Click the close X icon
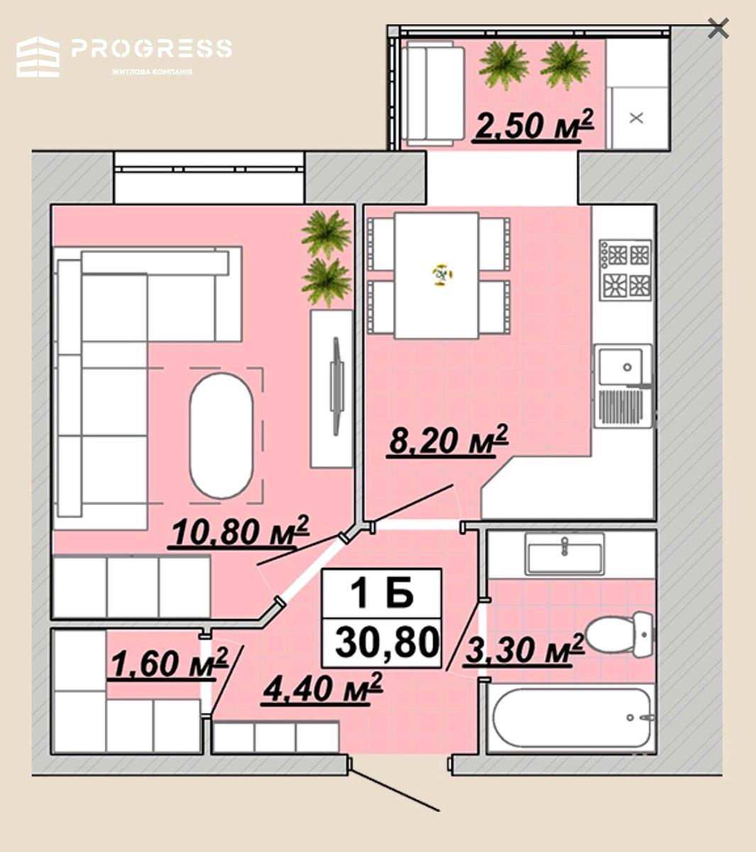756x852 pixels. click(x=718, y=28)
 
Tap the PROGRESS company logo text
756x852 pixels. click(x=152, y=48)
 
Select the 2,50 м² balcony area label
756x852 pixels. click(x=534, y=124)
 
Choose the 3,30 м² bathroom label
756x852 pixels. click(x=524, y=650)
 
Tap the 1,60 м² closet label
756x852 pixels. click(x=168, y=662)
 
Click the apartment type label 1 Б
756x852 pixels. click(x=382, y=593)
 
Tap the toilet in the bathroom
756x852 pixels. click(x=619, y=635)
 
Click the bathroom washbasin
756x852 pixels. click(x=564, y=554)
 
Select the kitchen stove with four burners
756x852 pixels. click(x=625, y=270)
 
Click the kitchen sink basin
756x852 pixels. click(x=621, y=366)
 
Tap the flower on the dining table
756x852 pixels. click(x=442, y=275)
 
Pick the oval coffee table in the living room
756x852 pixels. click(x=221, y=435)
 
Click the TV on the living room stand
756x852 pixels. click(x=336, y=386)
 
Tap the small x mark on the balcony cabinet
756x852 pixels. click(x=636, y=118)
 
